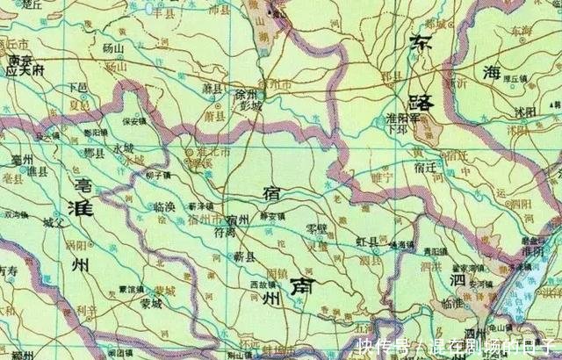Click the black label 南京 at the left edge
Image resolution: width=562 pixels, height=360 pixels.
click(x=19, y=60)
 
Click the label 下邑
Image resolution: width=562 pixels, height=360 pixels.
click(x=78, y=88)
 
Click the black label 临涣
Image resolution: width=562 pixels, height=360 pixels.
click(x=164, y=206)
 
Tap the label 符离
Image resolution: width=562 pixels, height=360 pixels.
click(x=224, y=233)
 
